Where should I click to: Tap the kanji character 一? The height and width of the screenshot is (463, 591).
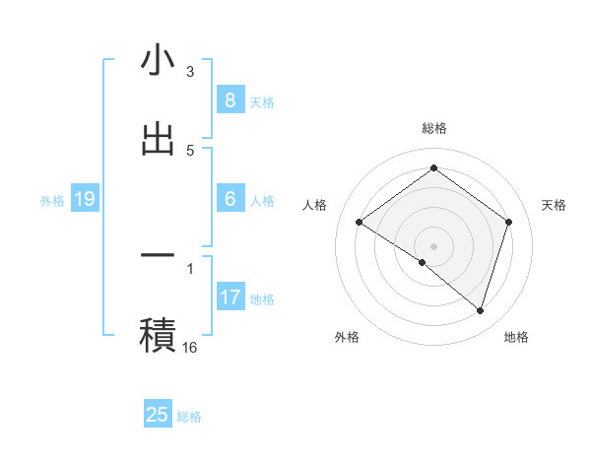tap(158, 255)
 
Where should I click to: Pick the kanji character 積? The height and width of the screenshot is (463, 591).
tap(158, 334)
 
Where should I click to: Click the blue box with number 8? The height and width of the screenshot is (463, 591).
tap(230, 99)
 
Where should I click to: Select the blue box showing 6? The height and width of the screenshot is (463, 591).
tap(230, 199)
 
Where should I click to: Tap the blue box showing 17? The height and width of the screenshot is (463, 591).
tap(230, 297)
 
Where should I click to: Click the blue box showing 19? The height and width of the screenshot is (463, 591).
tap(84, 200)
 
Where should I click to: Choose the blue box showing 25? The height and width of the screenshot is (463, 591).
tap(158, 415)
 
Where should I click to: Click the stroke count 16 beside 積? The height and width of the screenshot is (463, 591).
tap(190, 347)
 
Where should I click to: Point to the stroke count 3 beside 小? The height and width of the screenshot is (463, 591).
tap(190, 72)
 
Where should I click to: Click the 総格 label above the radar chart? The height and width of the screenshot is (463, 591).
tap(433, 128)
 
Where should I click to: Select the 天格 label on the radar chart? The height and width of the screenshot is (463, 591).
tap(554, 205)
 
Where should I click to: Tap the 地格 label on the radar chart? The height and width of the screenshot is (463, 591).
tap(516, 337)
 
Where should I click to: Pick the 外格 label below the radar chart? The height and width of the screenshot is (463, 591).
tap(347, 337)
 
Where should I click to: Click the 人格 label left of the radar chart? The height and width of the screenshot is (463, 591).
tap(314, 205)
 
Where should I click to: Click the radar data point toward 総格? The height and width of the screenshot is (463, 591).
tap(433, 167)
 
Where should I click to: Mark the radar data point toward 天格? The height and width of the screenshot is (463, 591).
tap(508, 222)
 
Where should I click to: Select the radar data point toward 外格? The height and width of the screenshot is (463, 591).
tap(423, 262)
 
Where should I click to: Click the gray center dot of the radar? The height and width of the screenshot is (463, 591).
tap(433, 246)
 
